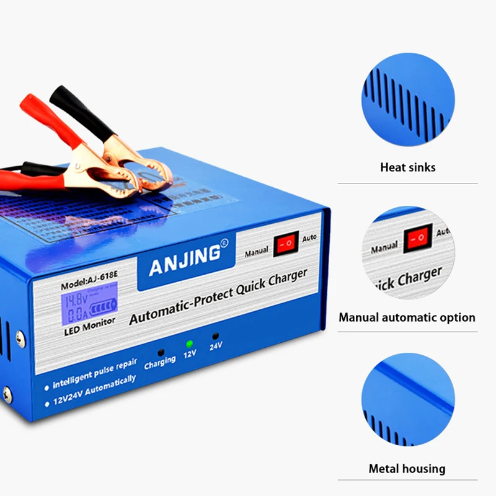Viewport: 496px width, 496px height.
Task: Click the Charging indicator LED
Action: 160,350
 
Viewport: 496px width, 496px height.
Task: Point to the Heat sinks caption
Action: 407,167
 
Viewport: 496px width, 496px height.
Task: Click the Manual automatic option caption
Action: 407,317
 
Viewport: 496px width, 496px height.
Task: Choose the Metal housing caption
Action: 407,469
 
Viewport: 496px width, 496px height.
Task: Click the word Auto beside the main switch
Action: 309,237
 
